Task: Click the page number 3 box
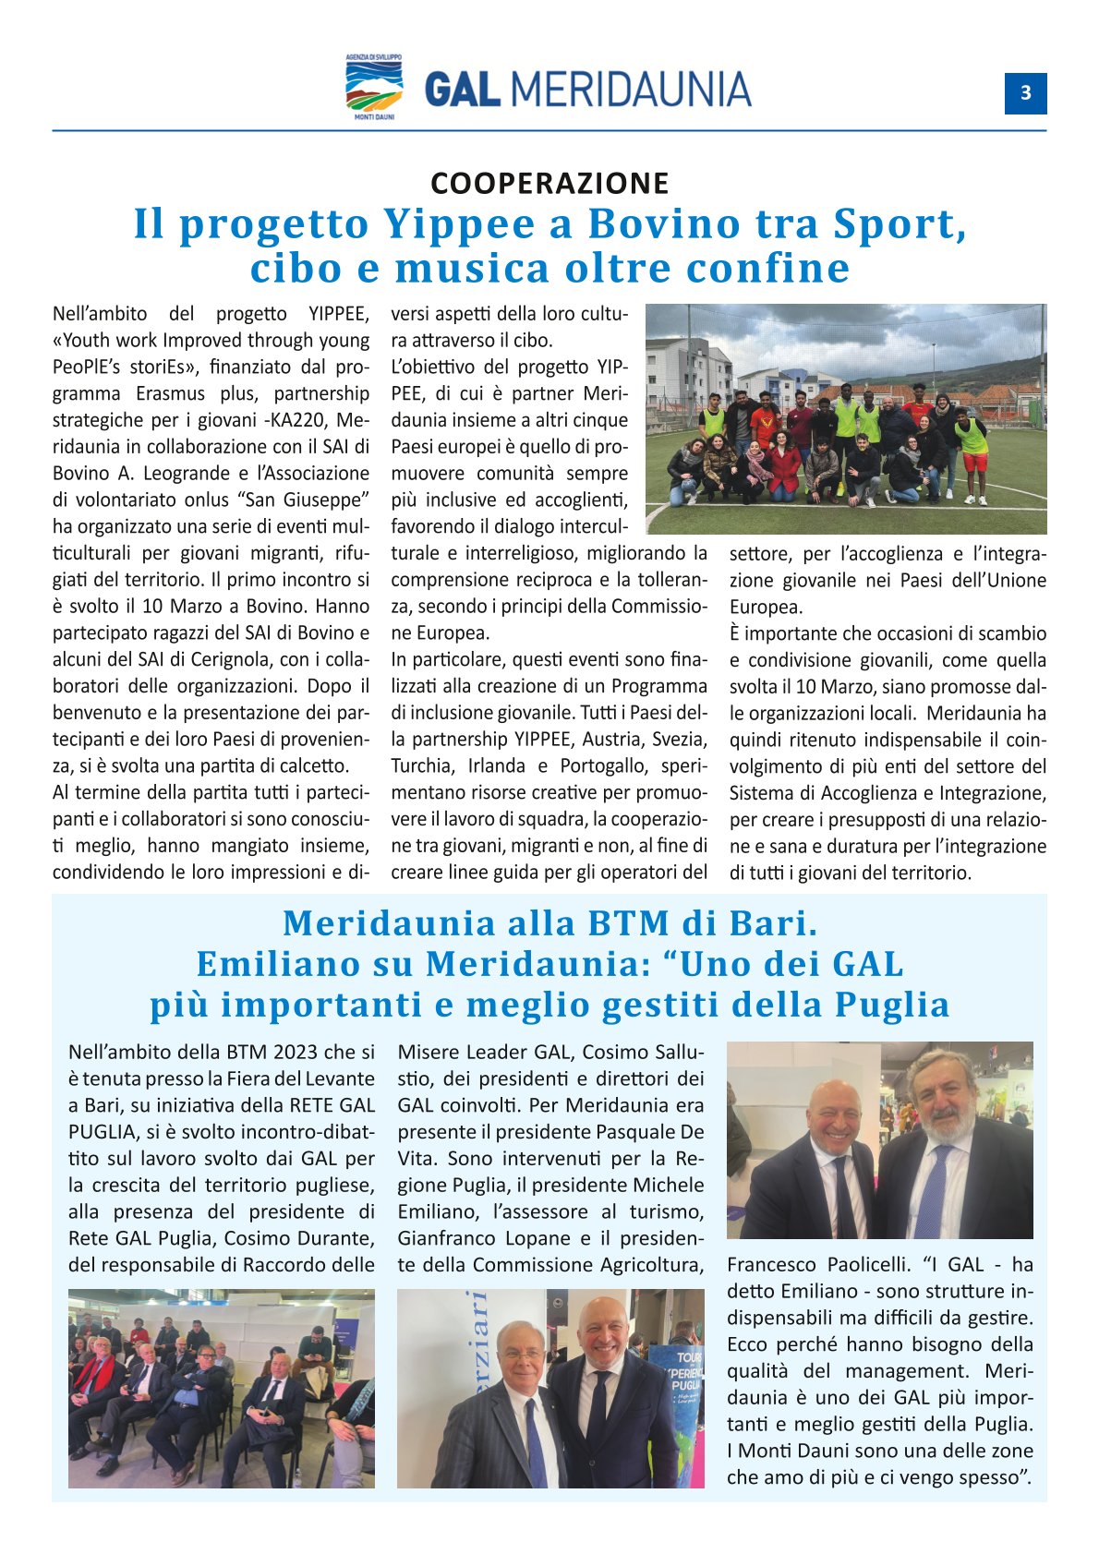pos(1025,93)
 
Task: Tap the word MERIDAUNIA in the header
pos(631,90)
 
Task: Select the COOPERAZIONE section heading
pos(549,183)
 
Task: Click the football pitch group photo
pos(846,419)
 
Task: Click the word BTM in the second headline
pos(633,923)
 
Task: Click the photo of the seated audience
pos(222,1388)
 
